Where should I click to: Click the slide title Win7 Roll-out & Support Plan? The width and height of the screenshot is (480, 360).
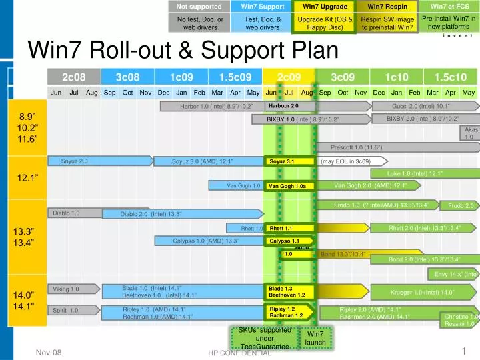click(183, 49)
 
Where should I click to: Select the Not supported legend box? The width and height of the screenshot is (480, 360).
click(199, 7)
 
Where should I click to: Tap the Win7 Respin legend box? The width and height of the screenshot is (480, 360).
click(387, 7)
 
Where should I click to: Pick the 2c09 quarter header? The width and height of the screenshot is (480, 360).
click(289, 77)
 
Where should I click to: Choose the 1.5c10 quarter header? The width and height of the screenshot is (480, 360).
click(450, 77)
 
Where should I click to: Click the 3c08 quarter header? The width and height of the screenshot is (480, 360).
click(127, 77)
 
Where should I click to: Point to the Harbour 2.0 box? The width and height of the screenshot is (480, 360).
click(283, 106)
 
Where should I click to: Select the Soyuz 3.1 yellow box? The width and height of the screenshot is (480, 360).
click(282, 161)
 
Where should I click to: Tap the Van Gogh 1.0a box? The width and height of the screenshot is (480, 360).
click(287, 186)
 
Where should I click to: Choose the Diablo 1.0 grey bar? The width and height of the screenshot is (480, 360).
click(67, 213)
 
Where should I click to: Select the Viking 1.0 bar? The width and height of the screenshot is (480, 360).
click(66, 289)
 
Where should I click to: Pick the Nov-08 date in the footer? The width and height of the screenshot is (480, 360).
click(49, 351)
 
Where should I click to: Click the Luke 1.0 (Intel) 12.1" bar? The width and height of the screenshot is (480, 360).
click(415, 173)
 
